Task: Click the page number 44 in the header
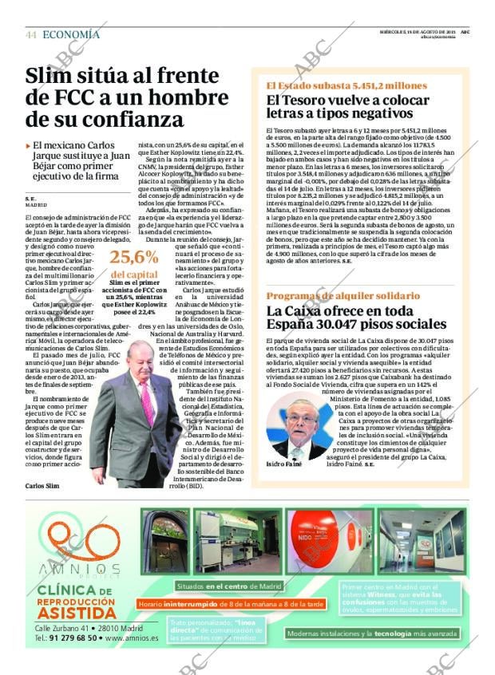click(x=31, y=35)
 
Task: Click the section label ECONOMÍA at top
click(x=71, y=34)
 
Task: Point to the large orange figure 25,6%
click(x=134, y=257)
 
